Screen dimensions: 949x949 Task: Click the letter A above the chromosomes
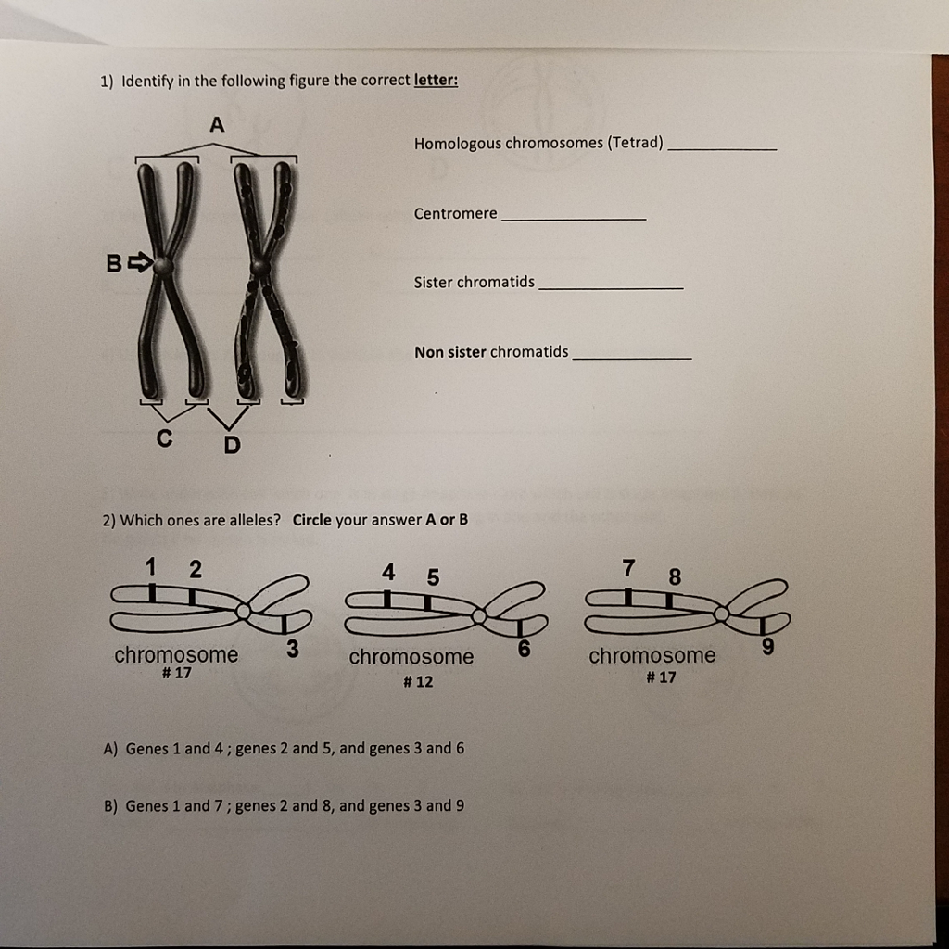pyautogui.click(x=217, y=125)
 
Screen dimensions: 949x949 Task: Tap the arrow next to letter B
pyautogui.click(x=138, y=263)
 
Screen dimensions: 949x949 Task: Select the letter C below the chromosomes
pyautogui.click(x=163, y=439)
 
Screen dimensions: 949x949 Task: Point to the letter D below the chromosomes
pyautogui.click(x=231, y=446)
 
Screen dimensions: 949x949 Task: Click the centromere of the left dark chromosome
pyautogui.click(x=163, y=266)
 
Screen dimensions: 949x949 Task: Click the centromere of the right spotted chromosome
pyautogui.click(x=262, y=267)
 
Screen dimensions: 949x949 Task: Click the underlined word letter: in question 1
pyautogui.click(x=436, y=81)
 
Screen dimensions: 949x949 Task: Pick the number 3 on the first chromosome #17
pyautogui.click(x=292, y=649)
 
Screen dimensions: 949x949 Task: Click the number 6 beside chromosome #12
pyautogui.click(x=524, y=649)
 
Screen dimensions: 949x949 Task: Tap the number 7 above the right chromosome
pyautogui.click(x=629, y=566)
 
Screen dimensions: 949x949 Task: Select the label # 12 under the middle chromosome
pyautogui.click(x=418, y=682)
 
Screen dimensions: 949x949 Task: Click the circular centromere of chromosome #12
pyautogui.click(x=478, y=614)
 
